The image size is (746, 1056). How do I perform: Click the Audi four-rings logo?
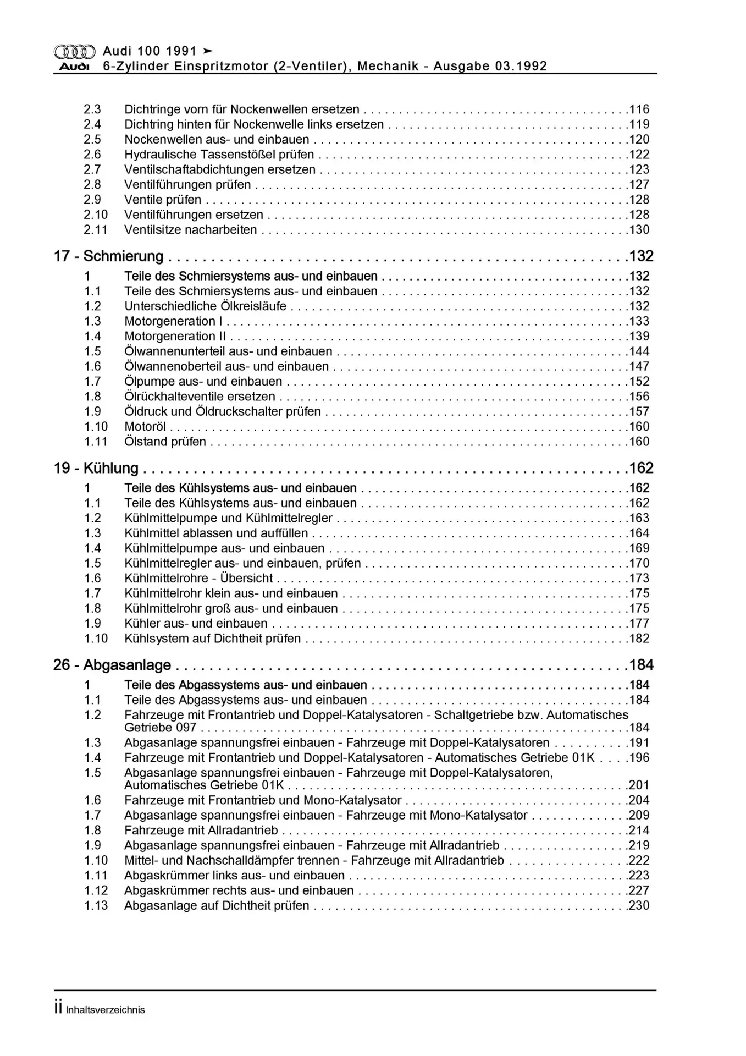pos(74,51)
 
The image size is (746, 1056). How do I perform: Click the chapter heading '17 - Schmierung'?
pos(108,256)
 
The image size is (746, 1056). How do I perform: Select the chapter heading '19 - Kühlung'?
pos(96,468)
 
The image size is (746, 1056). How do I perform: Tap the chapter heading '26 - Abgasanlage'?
pos(112,665)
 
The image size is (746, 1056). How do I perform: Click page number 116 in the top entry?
pos(639,109)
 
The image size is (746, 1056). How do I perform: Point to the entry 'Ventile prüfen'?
pos(163,200)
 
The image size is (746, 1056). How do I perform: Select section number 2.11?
pos(96,230)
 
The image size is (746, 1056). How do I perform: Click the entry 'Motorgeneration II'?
pos(175,336)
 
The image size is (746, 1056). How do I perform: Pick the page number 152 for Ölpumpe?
pos(639,381)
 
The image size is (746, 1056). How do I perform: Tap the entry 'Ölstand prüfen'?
pos(165,442)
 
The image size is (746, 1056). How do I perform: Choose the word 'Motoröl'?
pos(145,426)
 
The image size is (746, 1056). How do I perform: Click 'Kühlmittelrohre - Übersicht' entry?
pos(198,578)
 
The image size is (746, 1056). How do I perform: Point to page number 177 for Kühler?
pos(639,623)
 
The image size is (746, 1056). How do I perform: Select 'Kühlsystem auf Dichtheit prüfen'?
pos(212,639)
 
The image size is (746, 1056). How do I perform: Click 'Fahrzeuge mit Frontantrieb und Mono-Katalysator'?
pos(263,800)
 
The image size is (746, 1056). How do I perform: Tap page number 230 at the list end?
pos(639,905)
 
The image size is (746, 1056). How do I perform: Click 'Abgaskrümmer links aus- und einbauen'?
pos(234,875)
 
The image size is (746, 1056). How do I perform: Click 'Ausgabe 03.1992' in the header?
pos(490,67)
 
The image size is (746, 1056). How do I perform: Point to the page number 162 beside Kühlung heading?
pos(641,468)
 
